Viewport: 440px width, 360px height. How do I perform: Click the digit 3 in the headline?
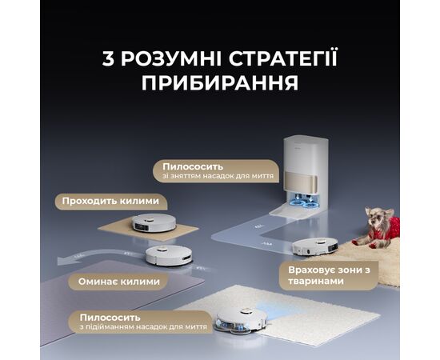coord(108,58)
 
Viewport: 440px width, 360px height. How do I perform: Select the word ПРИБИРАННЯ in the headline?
coord(220,82)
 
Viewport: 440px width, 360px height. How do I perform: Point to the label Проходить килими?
coord(110,201)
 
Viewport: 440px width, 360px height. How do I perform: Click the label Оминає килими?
coord(119,282)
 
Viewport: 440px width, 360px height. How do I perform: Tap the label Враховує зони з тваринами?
coord(329,275)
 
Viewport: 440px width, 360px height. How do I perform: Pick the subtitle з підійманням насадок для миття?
coord(143,327)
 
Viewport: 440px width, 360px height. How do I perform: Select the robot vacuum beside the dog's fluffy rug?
coord(314,246)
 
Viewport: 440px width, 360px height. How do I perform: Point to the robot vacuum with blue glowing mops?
coord(242,322)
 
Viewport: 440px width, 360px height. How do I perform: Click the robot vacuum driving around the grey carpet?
coord(169,255)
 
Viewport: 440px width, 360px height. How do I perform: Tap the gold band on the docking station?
coord(301,182)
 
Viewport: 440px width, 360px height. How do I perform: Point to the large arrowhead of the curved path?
coord(66,260)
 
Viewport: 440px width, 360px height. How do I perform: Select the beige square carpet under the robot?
coord(148,229)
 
